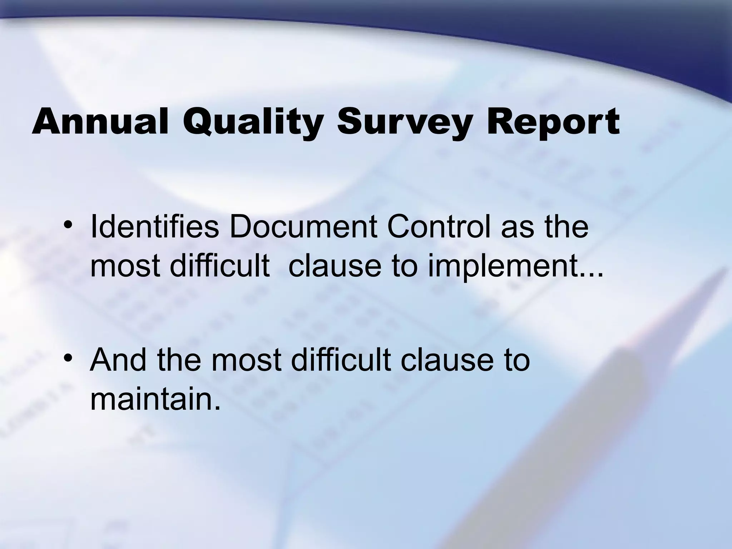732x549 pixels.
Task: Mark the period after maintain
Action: pos(215,407)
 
